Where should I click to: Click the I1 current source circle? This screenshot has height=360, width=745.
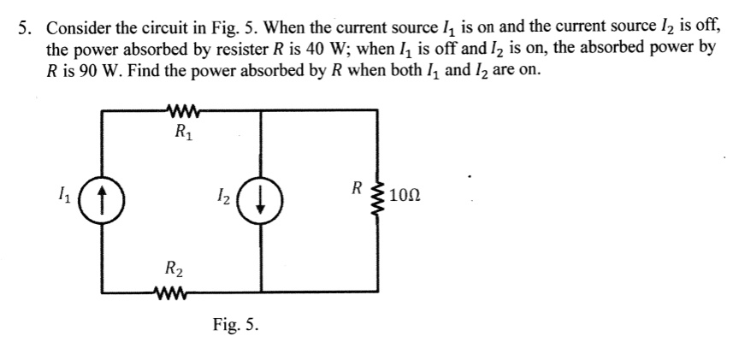pos(103,202)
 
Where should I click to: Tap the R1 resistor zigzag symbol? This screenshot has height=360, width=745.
pos(185,110)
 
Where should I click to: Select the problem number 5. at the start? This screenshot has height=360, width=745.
pos(27,27)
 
